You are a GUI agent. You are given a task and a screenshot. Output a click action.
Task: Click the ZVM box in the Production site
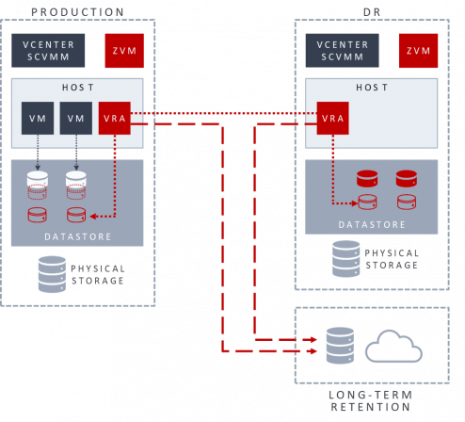tap(124, 51)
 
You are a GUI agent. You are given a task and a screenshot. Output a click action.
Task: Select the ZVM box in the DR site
tap(418, 51)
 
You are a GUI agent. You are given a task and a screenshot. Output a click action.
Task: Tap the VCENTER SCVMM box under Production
tap(48, 51)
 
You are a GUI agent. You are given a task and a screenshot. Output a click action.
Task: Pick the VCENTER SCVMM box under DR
tap(342, 51)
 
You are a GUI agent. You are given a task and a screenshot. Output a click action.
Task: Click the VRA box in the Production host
tap(115, 118)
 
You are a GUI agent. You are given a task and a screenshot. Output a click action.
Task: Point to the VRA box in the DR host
tap(332, 118)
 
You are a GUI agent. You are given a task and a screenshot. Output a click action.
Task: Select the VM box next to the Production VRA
tap(76, 118)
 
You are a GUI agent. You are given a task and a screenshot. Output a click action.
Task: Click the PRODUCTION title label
tap(77, 12)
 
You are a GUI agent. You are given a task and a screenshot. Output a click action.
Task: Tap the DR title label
tap(372, 12)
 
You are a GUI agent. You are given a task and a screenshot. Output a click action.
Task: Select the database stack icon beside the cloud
tap(340, 346)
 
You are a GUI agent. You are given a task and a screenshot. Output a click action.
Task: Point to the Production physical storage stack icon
tap(52, 274)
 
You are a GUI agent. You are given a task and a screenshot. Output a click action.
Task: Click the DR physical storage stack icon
tap(346, 259)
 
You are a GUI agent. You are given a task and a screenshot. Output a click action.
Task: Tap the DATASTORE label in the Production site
tap(78, 236)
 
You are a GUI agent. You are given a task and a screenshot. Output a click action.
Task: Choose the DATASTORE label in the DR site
tap(372, 225)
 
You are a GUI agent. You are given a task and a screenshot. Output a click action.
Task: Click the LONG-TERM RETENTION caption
tap(371, 400)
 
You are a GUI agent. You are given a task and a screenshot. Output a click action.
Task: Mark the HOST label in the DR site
tap(372, 87)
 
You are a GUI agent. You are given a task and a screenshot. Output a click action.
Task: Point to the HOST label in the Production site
tap(78, 87)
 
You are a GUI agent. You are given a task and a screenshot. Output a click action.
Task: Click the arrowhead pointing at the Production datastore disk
tap(93, 217)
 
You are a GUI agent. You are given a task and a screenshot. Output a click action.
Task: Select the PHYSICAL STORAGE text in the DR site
tap(392, 259)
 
